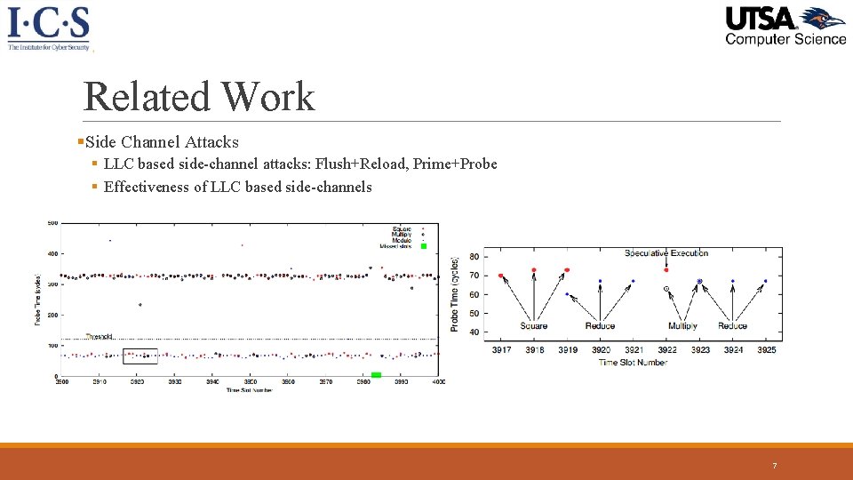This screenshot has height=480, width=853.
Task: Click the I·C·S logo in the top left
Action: tap(49, 28)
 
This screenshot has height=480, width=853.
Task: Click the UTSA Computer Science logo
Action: tap(785, 26)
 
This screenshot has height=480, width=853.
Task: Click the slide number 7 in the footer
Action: tap(775, 466)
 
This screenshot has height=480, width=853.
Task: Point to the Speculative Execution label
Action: tap(666, 253)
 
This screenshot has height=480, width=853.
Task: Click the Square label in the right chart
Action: tap(534, 325)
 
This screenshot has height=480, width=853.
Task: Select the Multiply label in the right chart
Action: tap(682, 325)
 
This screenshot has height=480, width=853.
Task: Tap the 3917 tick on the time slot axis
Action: tap(501, 349)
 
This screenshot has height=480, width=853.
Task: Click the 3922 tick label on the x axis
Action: tap(666, 349)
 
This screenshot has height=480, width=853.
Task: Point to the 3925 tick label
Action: tap(766, 349)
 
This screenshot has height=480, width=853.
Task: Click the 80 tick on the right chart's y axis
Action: tap(474, 257)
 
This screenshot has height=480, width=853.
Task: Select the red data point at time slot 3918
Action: tap(534, 270)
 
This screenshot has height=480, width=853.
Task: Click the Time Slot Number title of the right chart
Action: tap(633, 362)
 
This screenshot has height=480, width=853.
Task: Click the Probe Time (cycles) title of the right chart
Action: tap(455, 293)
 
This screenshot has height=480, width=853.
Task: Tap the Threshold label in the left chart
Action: tap(100, 337)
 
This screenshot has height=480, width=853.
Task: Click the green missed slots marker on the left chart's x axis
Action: tap(376, 375)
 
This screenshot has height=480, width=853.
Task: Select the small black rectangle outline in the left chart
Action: tap(140, 356)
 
